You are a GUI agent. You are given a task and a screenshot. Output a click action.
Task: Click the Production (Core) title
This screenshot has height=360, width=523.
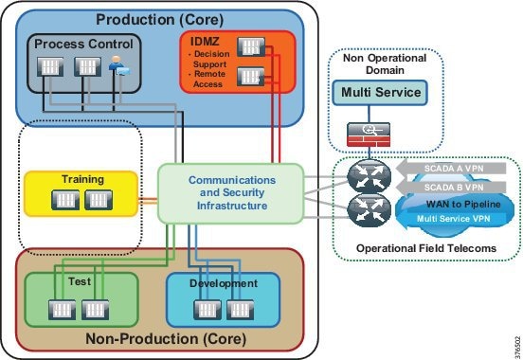(x=161, y=19)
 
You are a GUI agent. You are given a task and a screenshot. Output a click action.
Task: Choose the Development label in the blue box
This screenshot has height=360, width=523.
(x=225, y=283)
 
